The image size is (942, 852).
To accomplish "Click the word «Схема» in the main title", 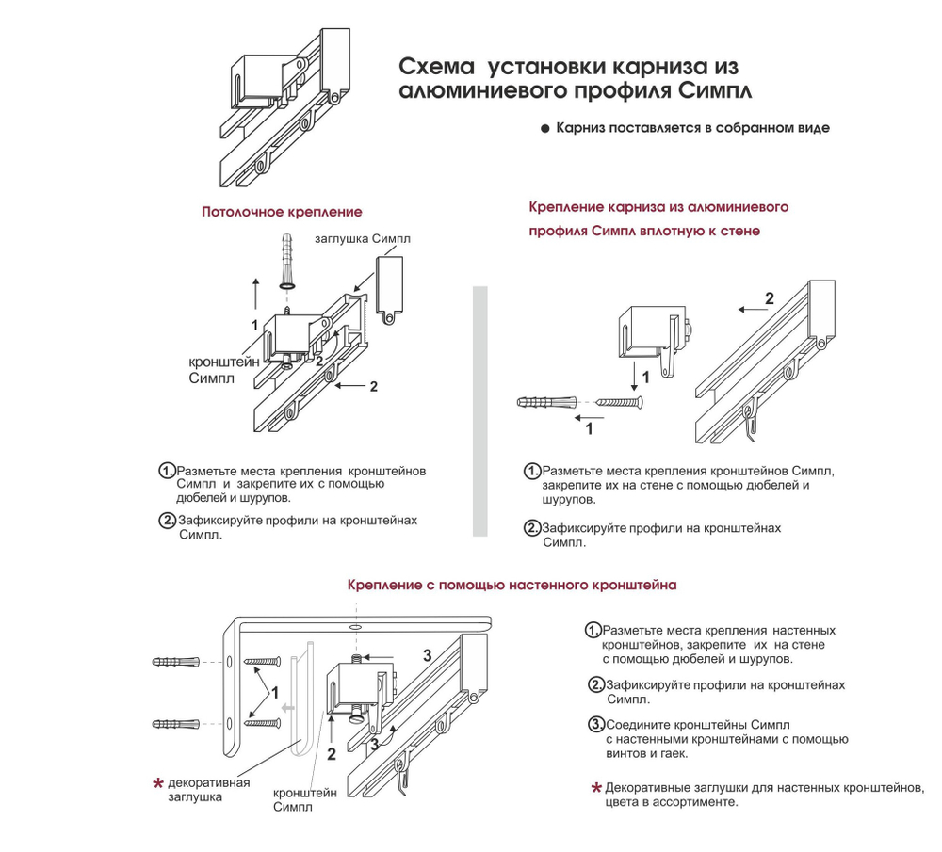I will pos(437,68).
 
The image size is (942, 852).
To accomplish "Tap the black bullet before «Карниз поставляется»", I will pos(544,129).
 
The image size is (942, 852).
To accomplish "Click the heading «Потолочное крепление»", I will pos(282,213).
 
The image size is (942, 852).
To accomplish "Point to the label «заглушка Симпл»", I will pos(362,239).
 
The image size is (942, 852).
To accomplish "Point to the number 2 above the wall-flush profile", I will pos(769,299).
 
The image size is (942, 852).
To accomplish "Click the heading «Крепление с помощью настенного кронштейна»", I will pos(512,585).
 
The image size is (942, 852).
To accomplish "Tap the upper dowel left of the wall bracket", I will pos(176,662).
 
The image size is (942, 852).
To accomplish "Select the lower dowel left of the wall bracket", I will pos(176,724).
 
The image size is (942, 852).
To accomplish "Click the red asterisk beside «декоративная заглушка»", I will pos(158,783).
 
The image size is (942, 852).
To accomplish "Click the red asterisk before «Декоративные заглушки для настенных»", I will pos(595,788).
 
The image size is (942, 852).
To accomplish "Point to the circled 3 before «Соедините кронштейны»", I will pos(595,724).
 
